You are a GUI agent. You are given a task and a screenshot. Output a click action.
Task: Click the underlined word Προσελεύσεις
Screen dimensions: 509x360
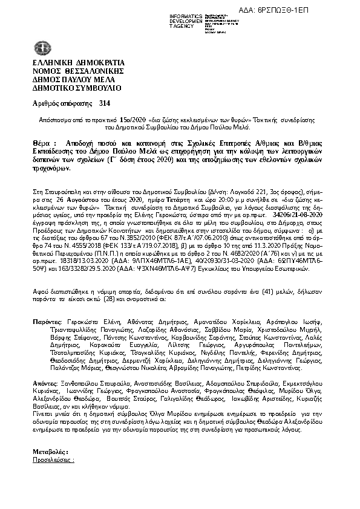[x=53, y=460]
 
